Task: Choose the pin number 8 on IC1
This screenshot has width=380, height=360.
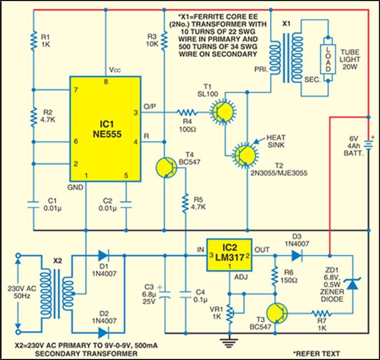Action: [x=106, y=81]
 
